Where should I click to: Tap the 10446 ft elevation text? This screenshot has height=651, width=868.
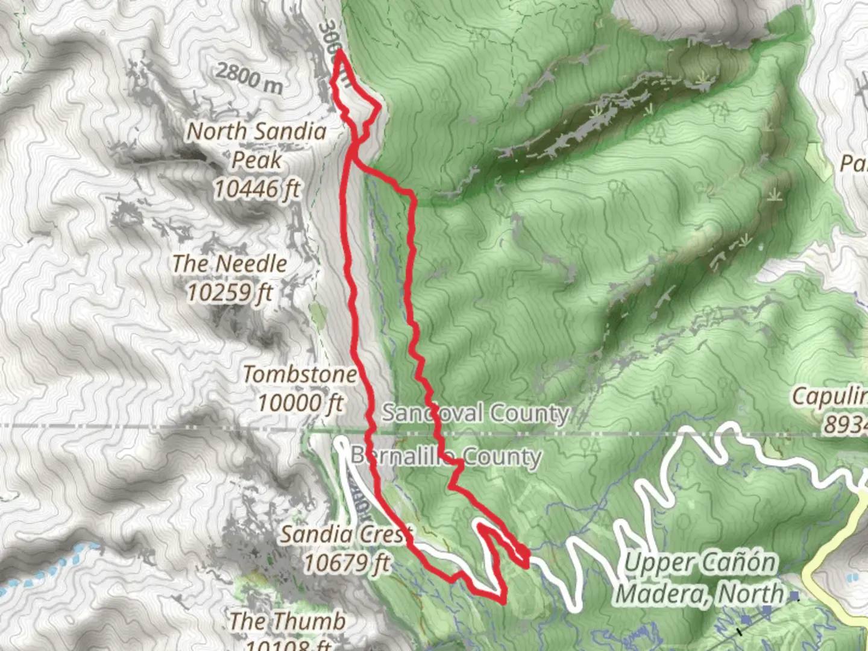[x=257, y=189]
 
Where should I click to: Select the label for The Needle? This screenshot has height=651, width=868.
[x=230, y=263]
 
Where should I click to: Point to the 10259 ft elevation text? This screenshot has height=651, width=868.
[x=230, y=293]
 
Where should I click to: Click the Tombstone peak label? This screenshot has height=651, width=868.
[x=300, y=374]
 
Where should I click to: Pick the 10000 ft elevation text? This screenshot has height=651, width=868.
[x=300, y=403]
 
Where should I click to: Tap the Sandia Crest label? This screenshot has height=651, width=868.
[x=346, y=534]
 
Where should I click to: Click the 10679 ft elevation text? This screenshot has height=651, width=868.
[x=346, y=564]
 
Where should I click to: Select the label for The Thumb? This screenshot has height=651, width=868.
[x=288, y=621]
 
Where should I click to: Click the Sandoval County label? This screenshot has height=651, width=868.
[x=476, y=414]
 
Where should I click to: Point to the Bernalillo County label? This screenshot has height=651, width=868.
[x=445, y=457]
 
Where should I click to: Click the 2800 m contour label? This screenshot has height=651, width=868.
[x=249, y=78]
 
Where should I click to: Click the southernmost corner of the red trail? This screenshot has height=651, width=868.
[x=502, y=600]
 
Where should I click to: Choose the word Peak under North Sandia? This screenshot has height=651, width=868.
[x=257, y=160]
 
